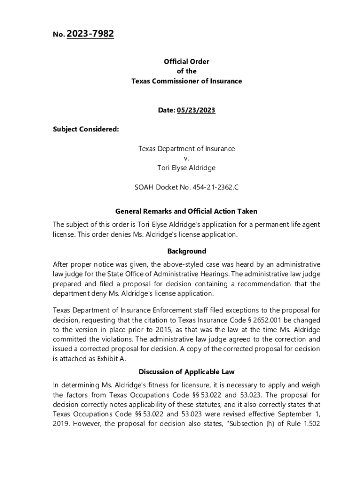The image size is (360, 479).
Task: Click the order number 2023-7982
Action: [90, 34]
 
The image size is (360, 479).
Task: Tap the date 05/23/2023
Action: [196, 110]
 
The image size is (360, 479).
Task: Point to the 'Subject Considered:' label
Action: [86, 129]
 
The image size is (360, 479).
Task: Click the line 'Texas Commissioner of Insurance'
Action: [186, 81]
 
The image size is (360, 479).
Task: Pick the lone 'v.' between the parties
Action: [186, 158]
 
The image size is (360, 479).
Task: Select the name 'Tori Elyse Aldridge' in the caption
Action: [186, 167]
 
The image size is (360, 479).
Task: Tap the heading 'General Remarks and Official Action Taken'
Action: [186, 211]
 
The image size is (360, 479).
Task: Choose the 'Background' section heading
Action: [186, 251]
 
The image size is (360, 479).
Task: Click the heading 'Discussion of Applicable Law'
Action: [186, 372]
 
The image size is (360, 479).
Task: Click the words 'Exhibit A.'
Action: [101, 358]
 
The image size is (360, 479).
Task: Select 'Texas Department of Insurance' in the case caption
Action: [186, 148]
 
